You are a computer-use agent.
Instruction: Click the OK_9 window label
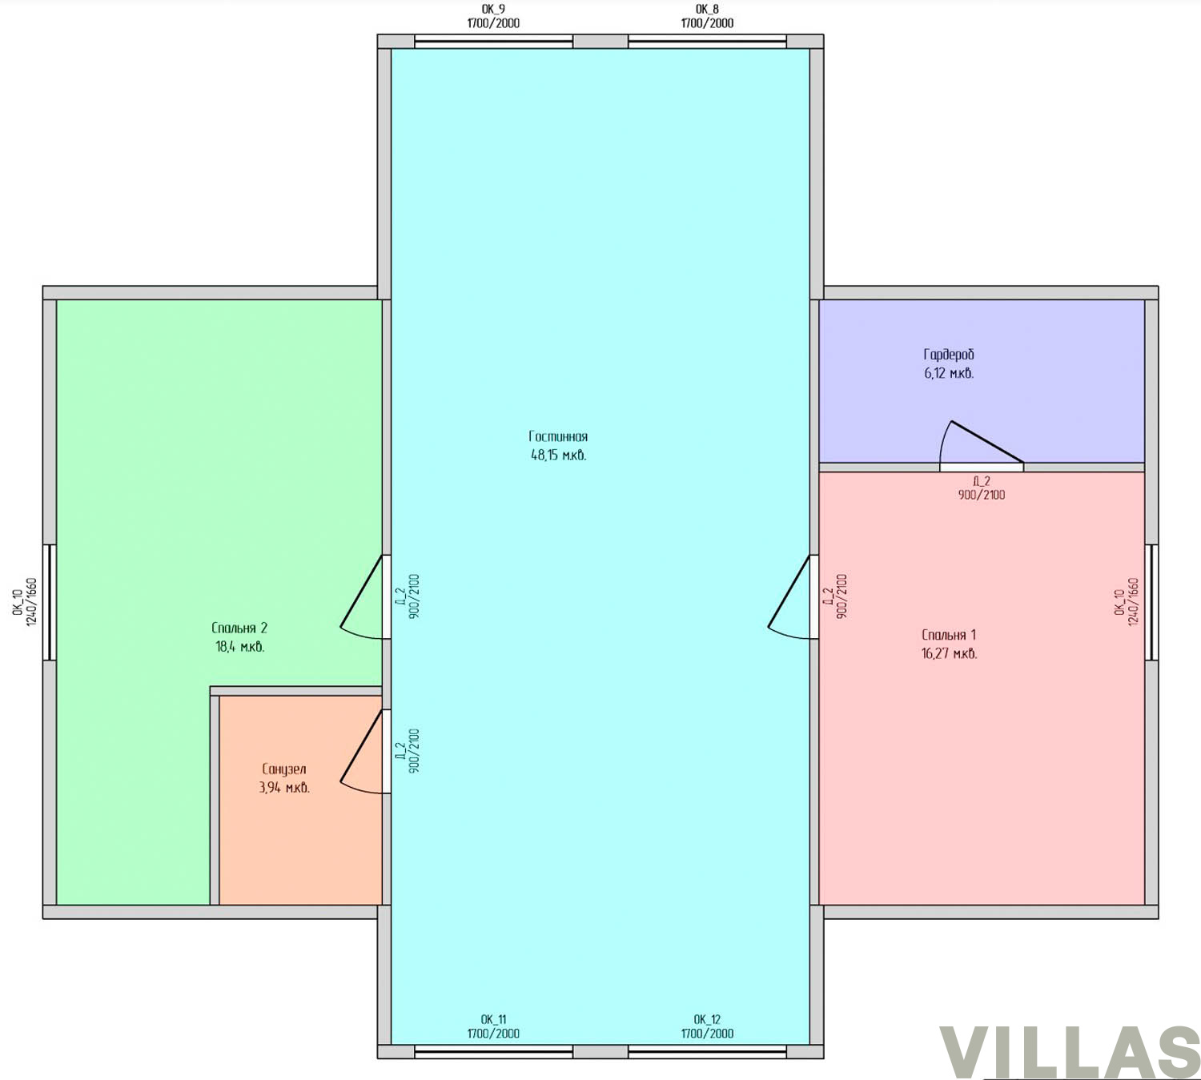click(x=492, y=10)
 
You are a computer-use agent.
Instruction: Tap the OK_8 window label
click(x=707, y=10)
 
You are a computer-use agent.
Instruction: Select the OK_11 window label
click(x=493, y=1019)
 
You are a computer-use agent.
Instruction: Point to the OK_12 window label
click(x=707, y=1019)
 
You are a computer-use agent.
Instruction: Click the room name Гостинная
click(x=558, y=436)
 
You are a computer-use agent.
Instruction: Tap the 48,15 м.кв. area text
click(x=558, y=455)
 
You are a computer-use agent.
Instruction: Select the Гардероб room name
click(x=949, y=355)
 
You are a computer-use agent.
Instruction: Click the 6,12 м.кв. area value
click(x=949, y=374)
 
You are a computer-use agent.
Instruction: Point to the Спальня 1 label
click(x=949, y=635)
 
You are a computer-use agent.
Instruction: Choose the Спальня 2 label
click(x=239, y=628)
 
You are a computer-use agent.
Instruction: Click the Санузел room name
click(x=283, y=769)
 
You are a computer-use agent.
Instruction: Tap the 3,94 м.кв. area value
click(x=283, y=788)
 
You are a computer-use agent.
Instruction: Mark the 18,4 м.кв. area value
click(x=239, y=647)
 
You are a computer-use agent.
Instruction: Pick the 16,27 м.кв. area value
click(x=949, y=653)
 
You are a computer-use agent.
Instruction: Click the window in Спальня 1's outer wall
click(x=1151, y=602)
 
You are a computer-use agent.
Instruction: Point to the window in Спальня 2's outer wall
click(x=50, y=602)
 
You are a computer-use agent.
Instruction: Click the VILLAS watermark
click(x=1069, y=1051)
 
